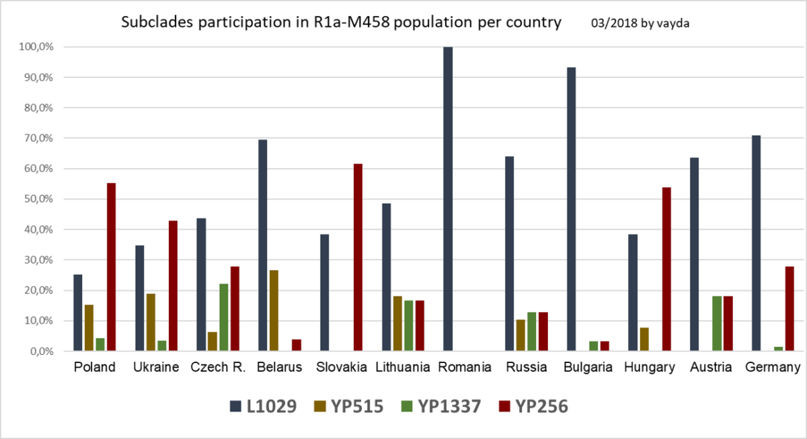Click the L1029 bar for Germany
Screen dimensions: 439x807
coord(756,243)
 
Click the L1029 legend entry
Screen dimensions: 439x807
coord(262,406)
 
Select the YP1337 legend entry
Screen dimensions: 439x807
coord(441,406)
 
